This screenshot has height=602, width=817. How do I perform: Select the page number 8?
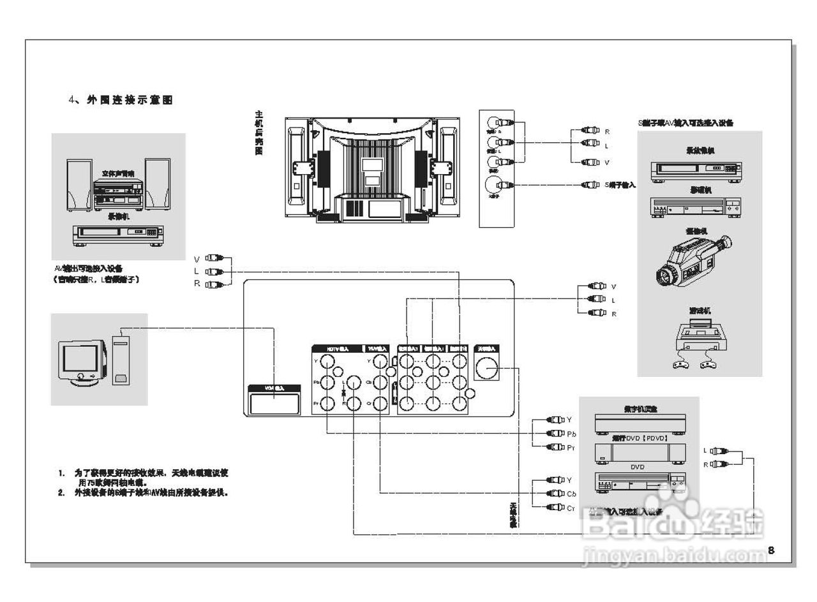click(771, 550)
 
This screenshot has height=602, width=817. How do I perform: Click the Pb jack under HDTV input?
click(328, 383)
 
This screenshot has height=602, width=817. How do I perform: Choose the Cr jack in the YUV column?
click(380, 403)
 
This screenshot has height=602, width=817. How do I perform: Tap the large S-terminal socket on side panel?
click(494, 185)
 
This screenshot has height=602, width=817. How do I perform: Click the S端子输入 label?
click(620, 185)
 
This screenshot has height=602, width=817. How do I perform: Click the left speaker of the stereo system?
click(79, 186)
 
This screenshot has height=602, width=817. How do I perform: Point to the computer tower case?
click(121, 360)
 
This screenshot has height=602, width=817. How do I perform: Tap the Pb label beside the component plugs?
click(572, 434)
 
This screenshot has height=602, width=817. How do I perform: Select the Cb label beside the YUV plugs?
click(572, 494)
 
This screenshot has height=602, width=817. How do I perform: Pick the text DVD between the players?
click(638, 467)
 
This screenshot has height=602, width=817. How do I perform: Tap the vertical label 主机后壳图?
click(259, 133)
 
